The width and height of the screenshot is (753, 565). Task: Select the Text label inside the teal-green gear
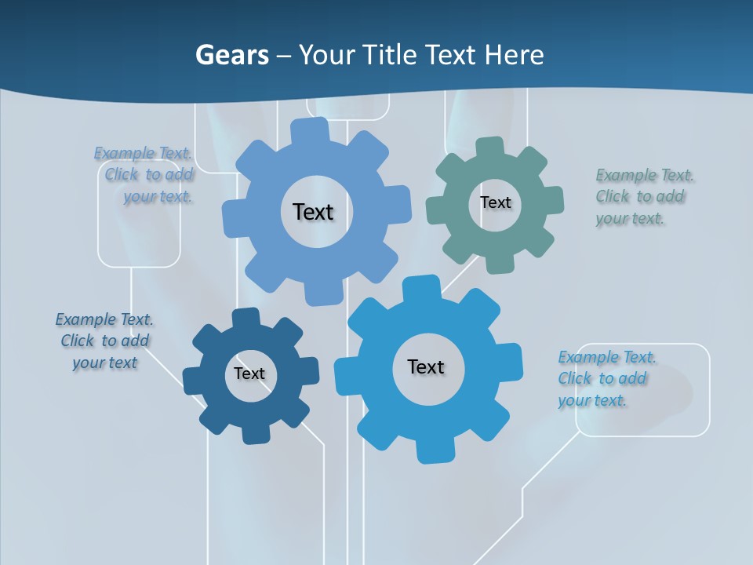click(495, 202)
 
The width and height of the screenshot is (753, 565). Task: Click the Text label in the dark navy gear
click(249, 374)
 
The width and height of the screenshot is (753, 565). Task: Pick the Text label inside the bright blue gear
click(426, 366)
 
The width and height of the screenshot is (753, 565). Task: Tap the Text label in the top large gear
click(313, 212)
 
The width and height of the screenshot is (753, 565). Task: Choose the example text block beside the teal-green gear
click(640, 196)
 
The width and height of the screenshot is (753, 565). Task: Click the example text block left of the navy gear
click(104, 341)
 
